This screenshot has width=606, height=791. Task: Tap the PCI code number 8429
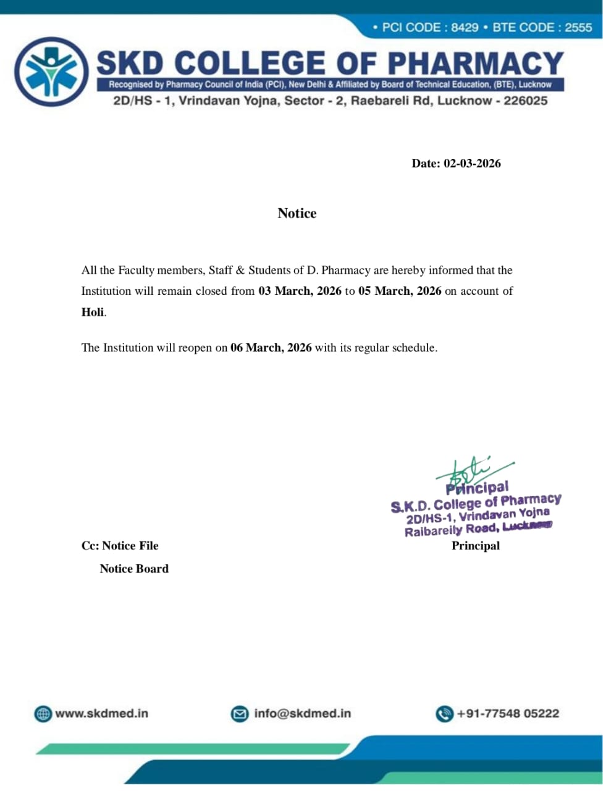point(465,28)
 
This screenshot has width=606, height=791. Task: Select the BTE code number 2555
point(578,28)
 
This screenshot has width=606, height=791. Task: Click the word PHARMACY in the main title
point(475,64)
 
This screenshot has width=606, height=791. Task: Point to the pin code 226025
point(525,101)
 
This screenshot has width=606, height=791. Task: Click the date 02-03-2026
point(472,164)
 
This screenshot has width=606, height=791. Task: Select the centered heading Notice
point(297,213)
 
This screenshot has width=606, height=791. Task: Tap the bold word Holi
point(93,312)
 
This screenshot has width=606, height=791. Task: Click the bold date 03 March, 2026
point(300,291)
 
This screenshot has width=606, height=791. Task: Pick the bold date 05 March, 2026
point(400,291)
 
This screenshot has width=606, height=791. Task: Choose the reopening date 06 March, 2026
point(271,348)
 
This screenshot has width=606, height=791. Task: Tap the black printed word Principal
point(476,546)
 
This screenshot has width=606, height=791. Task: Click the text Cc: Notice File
point(120,546)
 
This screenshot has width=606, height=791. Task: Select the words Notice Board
point(134,569)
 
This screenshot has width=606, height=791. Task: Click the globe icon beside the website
point(43,714)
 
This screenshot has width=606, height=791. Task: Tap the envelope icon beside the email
point(240,714)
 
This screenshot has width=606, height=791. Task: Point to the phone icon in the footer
point(444,714)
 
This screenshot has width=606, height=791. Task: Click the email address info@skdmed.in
point(302,714)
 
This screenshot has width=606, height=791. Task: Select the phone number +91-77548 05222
point(508,714)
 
